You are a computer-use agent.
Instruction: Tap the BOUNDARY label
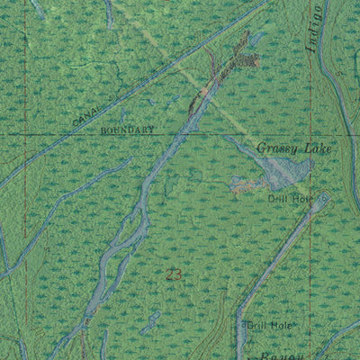tap(128, 130)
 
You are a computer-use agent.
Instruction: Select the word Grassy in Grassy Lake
tap(274, 148)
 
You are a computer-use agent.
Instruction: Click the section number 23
tap(175, 274)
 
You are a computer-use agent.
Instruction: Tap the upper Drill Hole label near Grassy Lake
tap(286, 197)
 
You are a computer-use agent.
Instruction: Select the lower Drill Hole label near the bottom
tap(270, 325)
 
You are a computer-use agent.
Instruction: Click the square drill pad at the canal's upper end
tap(321, 202)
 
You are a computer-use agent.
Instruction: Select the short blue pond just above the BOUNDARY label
tap(123, 114)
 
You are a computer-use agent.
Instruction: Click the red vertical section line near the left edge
tap(24, 180)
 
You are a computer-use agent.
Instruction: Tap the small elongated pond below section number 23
tap(149, 320)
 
